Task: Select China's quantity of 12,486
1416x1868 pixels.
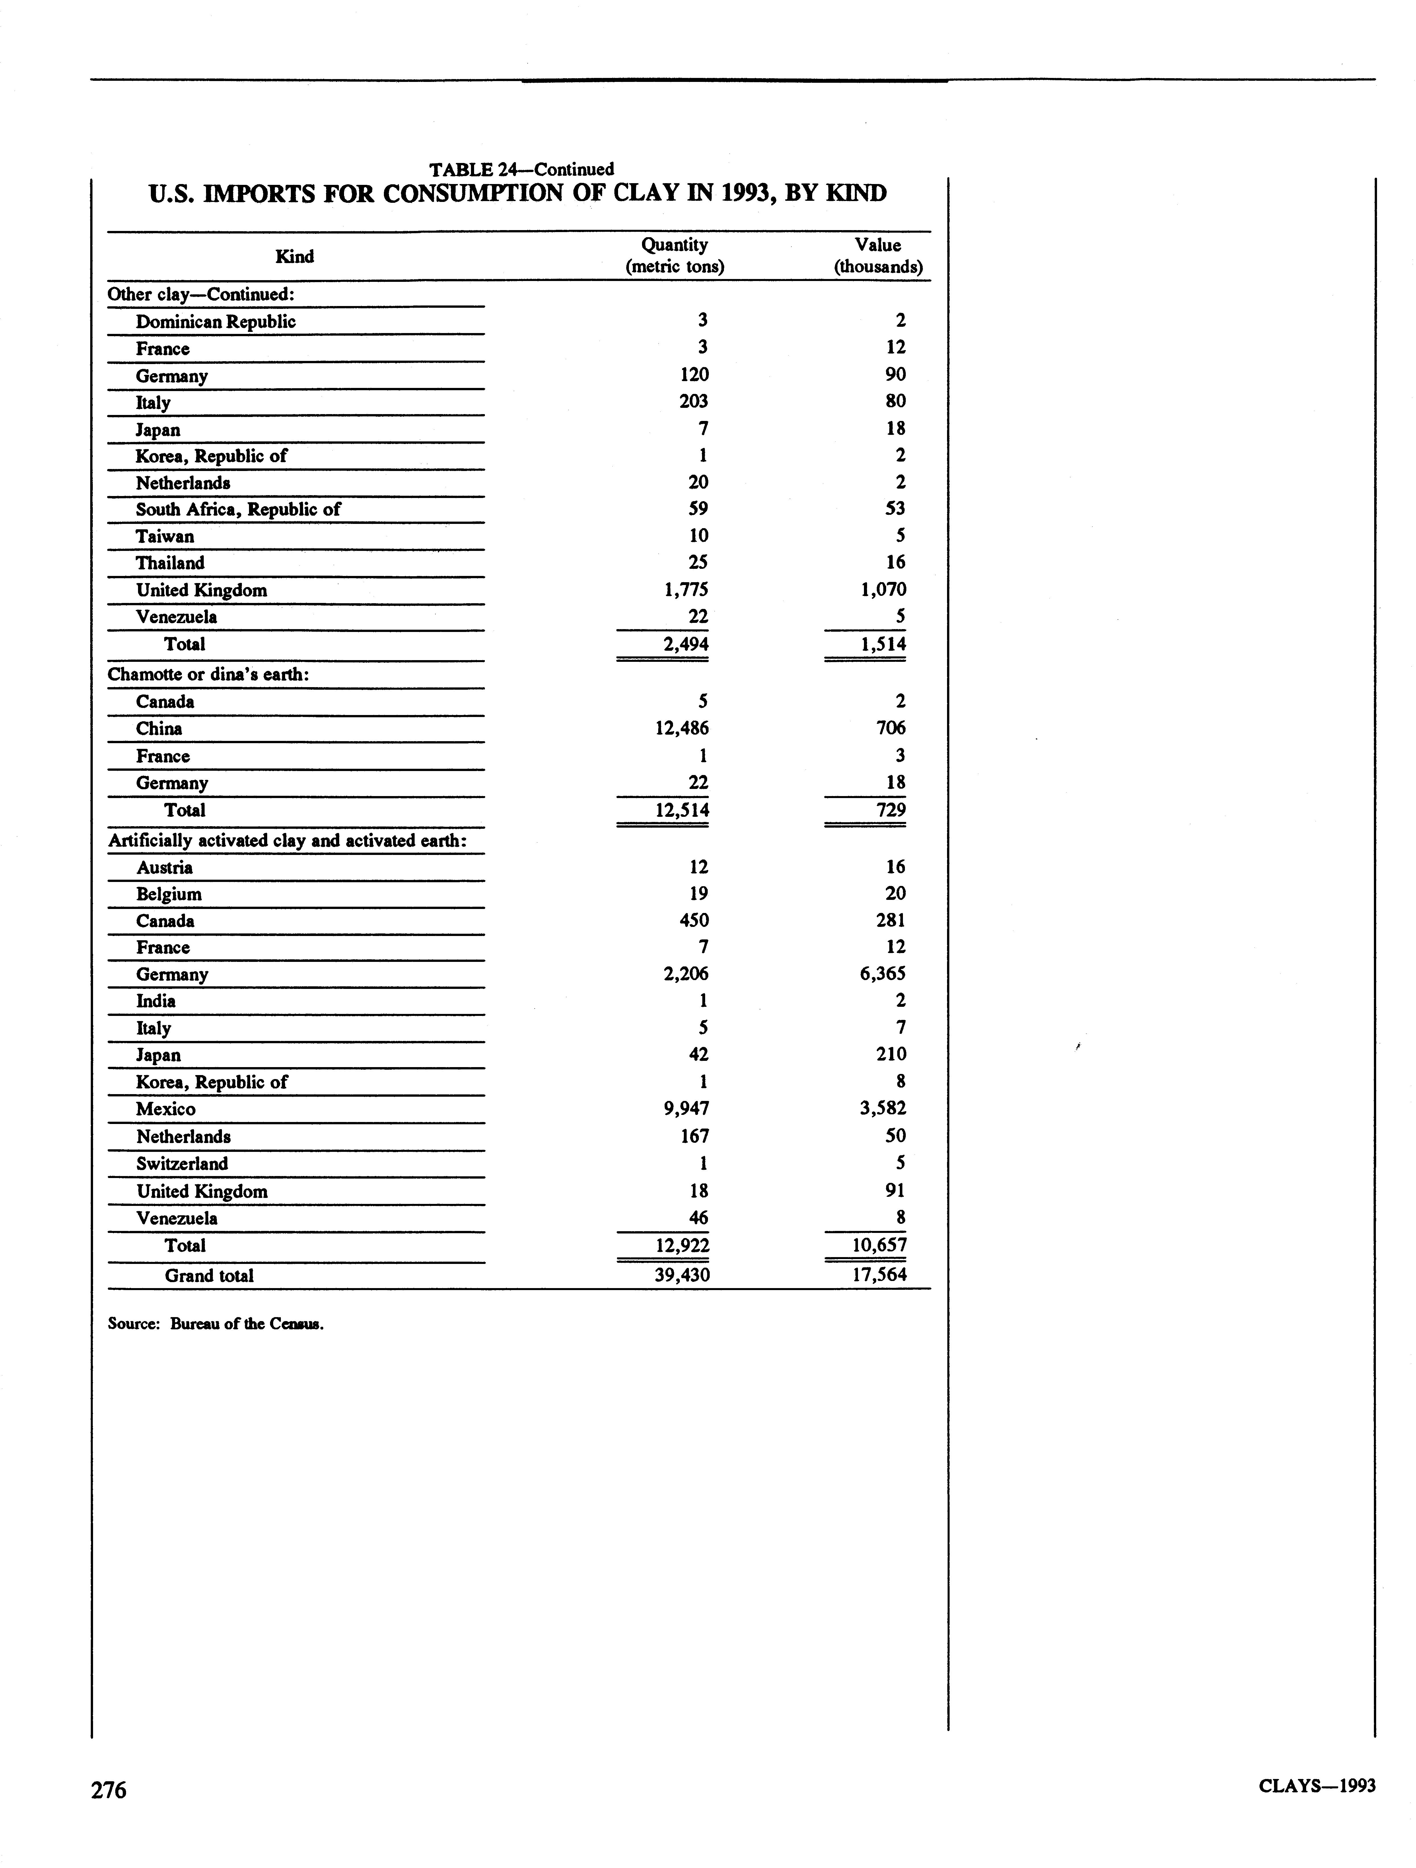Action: [682, 728]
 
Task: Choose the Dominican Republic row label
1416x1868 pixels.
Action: [215, 322]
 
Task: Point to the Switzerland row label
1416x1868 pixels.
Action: [182, 1164]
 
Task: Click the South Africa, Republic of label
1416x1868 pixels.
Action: [238, 509]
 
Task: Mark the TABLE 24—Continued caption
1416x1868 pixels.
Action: [521, 169]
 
